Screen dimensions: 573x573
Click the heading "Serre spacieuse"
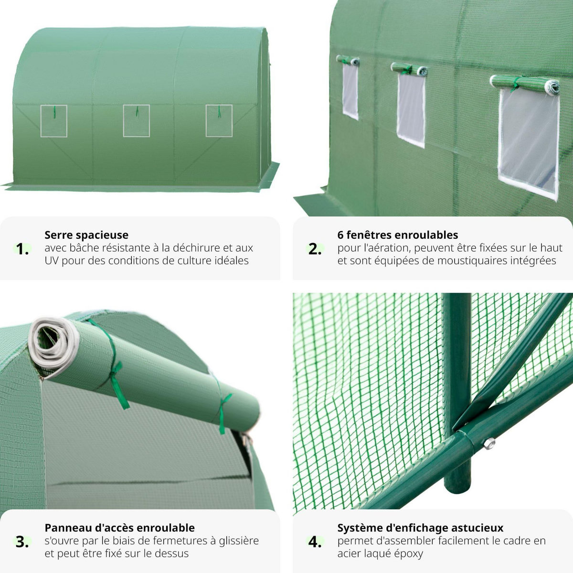coord(86,235)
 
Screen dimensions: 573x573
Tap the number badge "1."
coord(22,249)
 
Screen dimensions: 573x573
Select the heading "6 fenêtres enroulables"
coord(397,235)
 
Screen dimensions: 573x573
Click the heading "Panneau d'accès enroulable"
coord(119,528)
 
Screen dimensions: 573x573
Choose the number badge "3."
coord(22,542)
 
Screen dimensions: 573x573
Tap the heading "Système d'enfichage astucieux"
coord(420,528)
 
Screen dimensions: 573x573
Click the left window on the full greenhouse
coord(53,121)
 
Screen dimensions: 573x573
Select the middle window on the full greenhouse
coord(136,121)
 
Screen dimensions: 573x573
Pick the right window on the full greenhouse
coord(219,121)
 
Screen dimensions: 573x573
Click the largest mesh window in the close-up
coord(529,143)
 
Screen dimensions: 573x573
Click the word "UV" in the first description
coord(52,261)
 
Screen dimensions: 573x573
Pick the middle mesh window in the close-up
coord(411,110)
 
